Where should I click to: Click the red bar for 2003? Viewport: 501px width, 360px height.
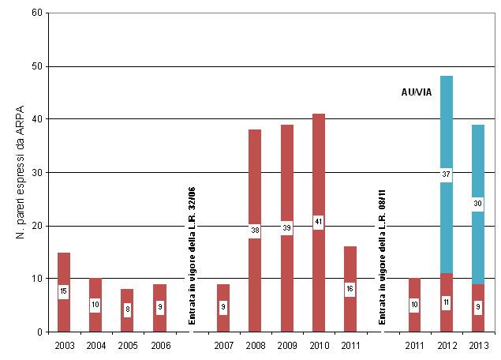pos(64,268)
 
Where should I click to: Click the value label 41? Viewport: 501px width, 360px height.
pos(318,223)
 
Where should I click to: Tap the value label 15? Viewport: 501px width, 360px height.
pos(64,292)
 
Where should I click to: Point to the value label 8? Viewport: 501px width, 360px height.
pos(128,310)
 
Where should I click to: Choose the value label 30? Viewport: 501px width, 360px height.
pos(477,204)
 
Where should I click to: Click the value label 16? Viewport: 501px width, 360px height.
pos(350,289)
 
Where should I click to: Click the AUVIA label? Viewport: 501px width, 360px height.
pos(416,93)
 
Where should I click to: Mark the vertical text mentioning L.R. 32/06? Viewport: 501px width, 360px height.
pos(192,255)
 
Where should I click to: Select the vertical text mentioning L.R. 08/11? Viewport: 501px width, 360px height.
pos(383,255)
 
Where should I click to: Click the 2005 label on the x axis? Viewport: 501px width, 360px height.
pos(128,345)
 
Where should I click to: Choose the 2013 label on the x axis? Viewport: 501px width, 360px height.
pos(477,345)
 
